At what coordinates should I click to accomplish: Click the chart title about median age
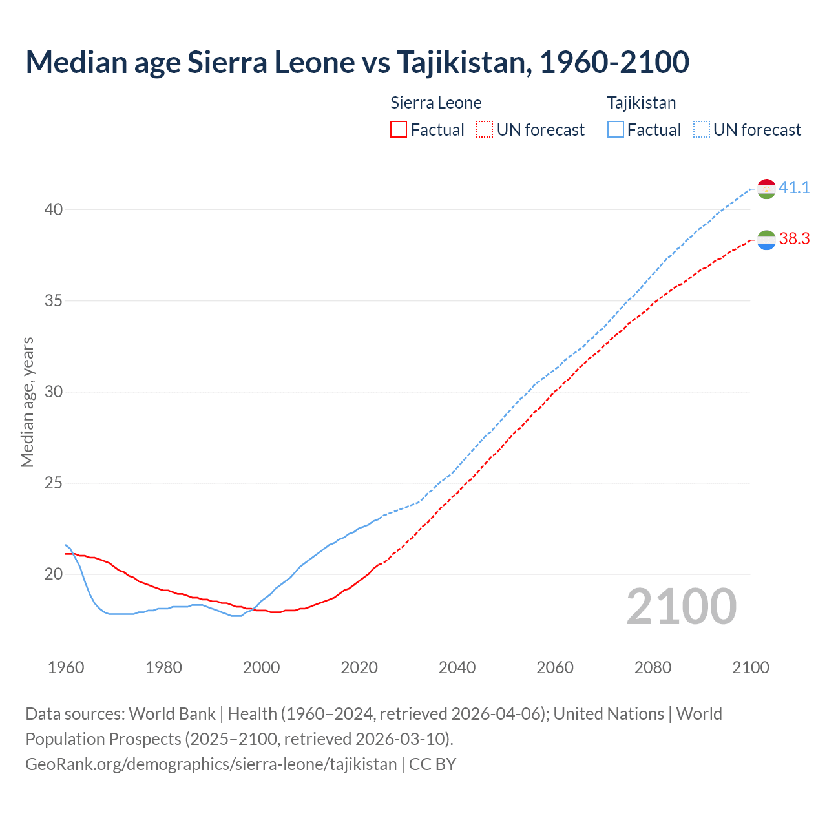357,62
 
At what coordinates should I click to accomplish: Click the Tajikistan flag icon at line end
766,189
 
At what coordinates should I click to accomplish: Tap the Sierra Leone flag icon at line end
766,240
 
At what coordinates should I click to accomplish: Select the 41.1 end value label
794,188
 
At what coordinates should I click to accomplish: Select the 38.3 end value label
794,239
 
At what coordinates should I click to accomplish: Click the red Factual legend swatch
399,130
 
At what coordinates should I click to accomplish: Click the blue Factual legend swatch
616,130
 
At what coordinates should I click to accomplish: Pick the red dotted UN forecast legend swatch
485,130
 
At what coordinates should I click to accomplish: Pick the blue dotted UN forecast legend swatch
702,130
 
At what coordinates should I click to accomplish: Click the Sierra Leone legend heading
436,103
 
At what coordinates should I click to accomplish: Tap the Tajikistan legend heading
642,103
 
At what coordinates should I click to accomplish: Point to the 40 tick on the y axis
54,209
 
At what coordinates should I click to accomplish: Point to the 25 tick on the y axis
54,483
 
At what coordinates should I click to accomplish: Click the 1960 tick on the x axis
66,667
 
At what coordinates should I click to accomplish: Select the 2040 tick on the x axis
457,667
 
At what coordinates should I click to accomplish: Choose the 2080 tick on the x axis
653,667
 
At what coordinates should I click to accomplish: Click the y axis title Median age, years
27,402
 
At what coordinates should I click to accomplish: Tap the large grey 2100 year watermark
682,607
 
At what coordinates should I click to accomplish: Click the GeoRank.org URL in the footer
211,764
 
